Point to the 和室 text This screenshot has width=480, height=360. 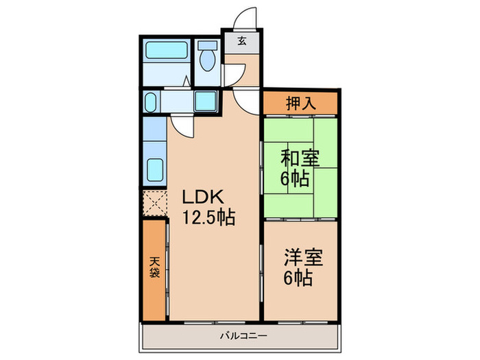click(300, 158)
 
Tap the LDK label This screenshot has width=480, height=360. click(200, 198)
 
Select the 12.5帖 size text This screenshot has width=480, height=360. click(208, 218)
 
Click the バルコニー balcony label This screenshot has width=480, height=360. click(239, 335)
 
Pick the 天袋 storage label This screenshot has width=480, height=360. click(156, 268)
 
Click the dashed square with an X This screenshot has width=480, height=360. click(154, 203)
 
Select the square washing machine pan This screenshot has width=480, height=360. click(205, 101)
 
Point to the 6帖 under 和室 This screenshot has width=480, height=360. click(296, 179)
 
